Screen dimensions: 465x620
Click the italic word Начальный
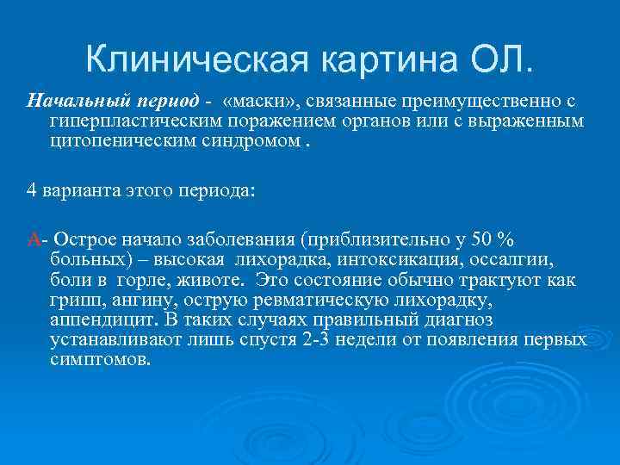(68, 102)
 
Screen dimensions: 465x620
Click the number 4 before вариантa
(31, 190)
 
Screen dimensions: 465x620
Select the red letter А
(33, 239)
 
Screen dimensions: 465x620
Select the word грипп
(71, 300)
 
